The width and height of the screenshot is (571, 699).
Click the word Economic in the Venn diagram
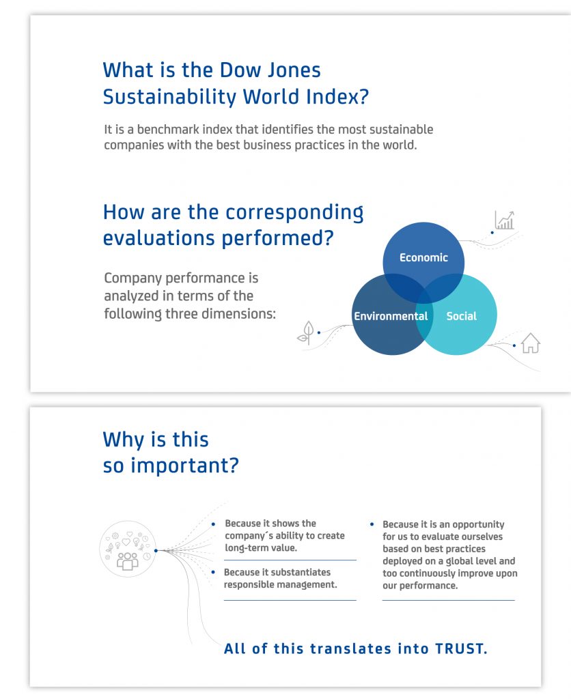[x=423, y=257]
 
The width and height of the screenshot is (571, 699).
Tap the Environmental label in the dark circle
[x=391, y=316]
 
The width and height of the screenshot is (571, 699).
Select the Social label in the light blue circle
[x=461, y=316]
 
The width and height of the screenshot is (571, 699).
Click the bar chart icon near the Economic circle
[x=505, y=220]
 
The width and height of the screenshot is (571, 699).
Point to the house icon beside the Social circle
[x=531, y=343]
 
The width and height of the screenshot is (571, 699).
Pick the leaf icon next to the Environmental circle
[x=307, y=332]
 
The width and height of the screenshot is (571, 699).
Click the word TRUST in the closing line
[x=461, y=648]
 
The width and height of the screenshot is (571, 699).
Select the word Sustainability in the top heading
[x=170, y=97]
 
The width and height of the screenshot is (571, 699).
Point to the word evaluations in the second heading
[x=159, y=238]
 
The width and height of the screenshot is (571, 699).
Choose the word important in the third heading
[x=184, y=466]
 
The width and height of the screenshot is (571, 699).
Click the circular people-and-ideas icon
[x=128, y=549]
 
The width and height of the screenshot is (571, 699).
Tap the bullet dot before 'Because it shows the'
[x=213, y=524]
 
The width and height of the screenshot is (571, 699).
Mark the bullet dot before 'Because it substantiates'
[x=213, y=572]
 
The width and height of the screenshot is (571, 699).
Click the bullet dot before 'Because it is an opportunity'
[x=372, y=524]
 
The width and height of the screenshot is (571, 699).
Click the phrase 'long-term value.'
[x=261, y=548]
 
